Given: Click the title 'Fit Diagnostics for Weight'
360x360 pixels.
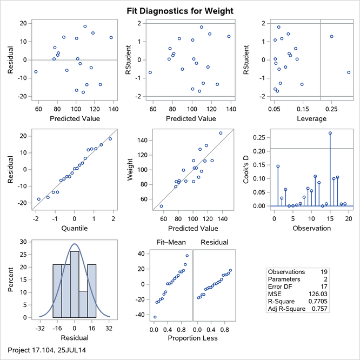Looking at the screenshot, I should (180, 10).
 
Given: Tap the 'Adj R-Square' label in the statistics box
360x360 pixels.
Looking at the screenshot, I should (286, 308).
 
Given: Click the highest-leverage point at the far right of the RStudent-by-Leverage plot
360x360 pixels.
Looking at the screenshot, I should (349, 72).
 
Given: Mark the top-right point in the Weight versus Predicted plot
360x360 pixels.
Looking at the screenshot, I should (221, 133).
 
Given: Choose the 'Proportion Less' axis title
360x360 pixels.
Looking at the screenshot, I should (192, 338).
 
